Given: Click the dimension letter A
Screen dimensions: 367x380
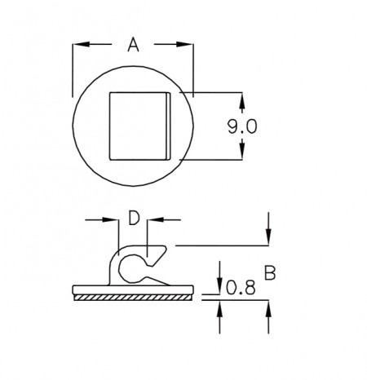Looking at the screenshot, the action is coord(133,45).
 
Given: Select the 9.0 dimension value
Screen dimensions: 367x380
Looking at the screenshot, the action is coord(242,127).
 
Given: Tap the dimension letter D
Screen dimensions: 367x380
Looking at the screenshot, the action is coord(134,218).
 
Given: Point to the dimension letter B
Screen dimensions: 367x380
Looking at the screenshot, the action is coord(270,273).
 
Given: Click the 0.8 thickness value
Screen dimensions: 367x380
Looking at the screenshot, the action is coord(241,288).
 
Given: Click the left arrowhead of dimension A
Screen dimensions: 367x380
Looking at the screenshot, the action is coord(81,44).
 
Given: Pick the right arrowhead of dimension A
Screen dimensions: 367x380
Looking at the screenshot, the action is coord(185,44).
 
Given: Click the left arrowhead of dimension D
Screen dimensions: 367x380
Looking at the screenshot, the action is coord(110,219).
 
